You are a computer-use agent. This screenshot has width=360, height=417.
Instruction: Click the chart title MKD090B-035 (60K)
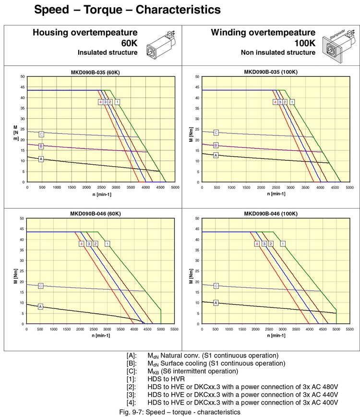96,72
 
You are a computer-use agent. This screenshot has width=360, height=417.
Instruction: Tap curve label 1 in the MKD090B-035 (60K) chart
117,102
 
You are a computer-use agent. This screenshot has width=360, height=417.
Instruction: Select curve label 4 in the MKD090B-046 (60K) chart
82,244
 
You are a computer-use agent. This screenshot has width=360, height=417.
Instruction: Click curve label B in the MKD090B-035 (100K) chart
216,146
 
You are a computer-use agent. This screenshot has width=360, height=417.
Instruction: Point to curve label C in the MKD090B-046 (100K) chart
216,286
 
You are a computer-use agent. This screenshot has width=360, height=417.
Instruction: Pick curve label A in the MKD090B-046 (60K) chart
41,306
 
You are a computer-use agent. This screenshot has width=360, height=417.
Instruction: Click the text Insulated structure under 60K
108,52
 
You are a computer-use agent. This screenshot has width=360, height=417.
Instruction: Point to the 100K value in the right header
305,42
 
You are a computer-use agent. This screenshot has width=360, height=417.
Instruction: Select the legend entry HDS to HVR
164,379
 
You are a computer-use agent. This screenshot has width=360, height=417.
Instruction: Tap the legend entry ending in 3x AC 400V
232,402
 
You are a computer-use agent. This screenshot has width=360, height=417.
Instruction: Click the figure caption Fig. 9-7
179,412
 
